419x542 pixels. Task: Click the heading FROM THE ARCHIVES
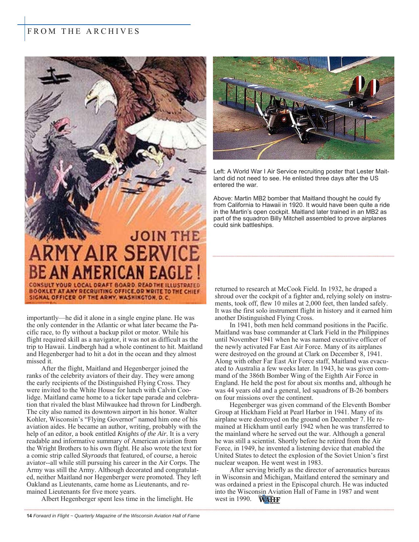pyautogui.click(x=83, y=32)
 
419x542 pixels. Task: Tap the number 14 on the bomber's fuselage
pyautogui.click(x=351, y=104)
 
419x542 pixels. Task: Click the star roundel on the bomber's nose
pyautogui.click(x=283, y=119)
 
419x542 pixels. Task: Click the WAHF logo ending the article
pyautogui.click(x=269, y=499)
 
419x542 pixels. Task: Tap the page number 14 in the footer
pyautogui.click(x=29, y=516)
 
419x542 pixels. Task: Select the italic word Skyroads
pyautogui.click(x=94, y=456)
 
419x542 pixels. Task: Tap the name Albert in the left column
pyautogui.click(x=50, y=499)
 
